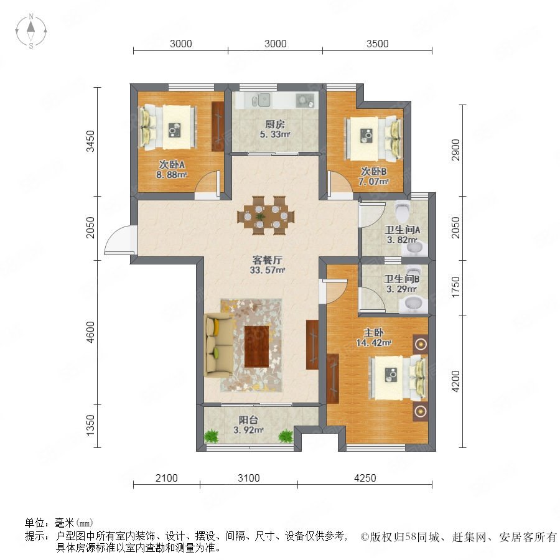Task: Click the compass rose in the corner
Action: [x=31, y=31]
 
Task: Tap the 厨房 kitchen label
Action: [x=274, y=124]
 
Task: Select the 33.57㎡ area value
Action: [x=267, y=271]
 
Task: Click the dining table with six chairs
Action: [x=266, y=215]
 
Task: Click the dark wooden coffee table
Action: [x=256, y=347]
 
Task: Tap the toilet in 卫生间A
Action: [x=402, y=211]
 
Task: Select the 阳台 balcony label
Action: [x=248, y=420]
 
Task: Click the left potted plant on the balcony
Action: [x=212, y=436]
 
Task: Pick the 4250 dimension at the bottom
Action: [x=365, y=478]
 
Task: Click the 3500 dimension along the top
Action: [x=377, y=44]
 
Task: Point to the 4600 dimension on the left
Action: [x=91, y=332]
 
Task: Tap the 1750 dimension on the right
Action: [x=455, y=287]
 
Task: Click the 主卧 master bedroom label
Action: [x=373, y=332]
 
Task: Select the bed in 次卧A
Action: [x=168, y=127]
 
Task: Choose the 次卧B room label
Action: [x=373, y=172]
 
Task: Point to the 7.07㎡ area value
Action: [x=373, y=182]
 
